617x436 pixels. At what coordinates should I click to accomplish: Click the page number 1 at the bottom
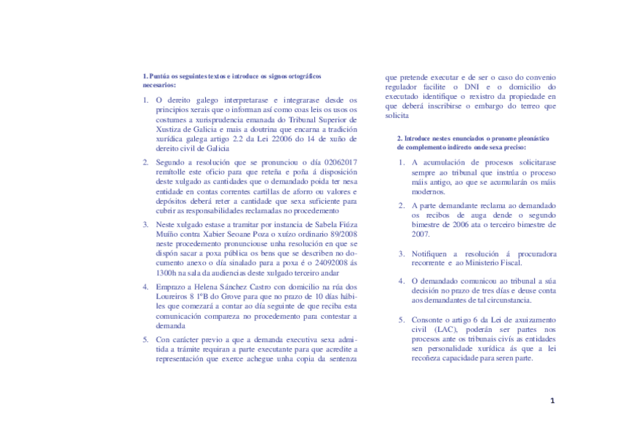point(552,400)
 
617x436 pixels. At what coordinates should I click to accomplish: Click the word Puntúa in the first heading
point(160,76)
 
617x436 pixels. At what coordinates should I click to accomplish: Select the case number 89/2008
point(342,234)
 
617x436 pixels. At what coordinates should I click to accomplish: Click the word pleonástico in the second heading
point(531,138)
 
